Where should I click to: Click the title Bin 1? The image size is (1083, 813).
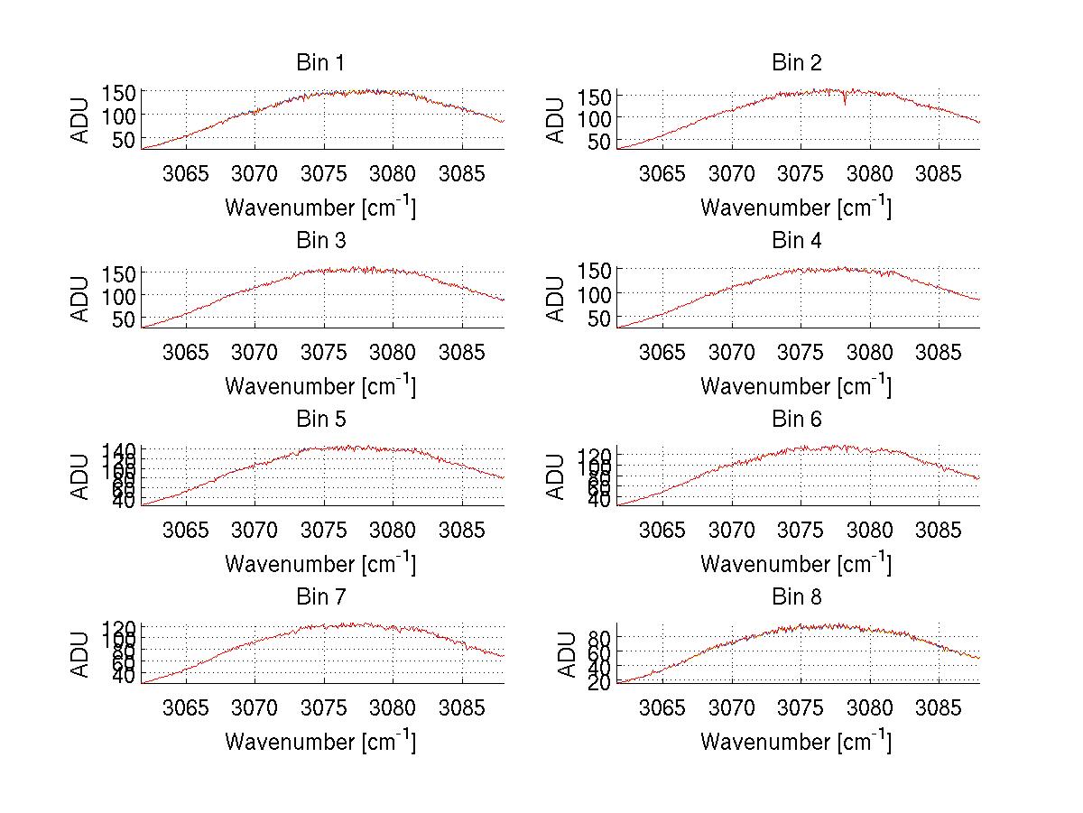(x=320, y=63)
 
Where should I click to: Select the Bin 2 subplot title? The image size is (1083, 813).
(x=797, y=63)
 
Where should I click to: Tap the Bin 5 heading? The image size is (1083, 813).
(x=320, y=420)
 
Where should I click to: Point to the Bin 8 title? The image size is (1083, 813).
(x=797, y=597)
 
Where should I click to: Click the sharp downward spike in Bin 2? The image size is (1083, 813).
(x=845, y=102)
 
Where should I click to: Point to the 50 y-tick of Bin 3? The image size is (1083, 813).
(x=125, y=319)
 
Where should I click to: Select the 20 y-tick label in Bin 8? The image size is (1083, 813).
(x=600, y=682)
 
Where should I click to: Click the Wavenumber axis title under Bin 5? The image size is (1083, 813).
(x=320, y=564)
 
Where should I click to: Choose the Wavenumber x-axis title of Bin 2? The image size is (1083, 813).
(x=797, y=208)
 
